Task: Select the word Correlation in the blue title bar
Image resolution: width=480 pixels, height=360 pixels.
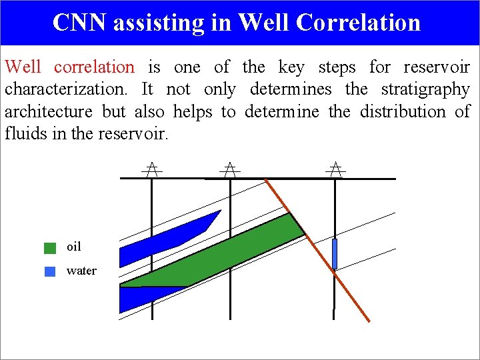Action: point(358,22)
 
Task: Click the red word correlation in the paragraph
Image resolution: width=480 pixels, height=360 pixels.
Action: point(94,67)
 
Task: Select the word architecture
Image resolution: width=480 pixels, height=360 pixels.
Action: point(49,111)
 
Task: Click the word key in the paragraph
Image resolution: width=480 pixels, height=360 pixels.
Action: point(291,67)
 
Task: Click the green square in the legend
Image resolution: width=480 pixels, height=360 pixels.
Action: point(50,248)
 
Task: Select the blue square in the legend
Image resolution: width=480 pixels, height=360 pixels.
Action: point(50,271)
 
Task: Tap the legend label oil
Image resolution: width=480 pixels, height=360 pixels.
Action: point(74,247)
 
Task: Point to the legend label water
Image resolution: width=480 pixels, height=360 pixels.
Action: point(81,271)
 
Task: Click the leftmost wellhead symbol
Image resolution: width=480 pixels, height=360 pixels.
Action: point(152,169)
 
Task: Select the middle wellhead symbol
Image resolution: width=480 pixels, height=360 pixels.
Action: point(230,169)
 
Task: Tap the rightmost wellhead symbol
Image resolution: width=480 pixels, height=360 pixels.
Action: point(335,169)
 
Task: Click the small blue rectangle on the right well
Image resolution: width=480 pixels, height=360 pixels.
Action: point(335,254)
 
